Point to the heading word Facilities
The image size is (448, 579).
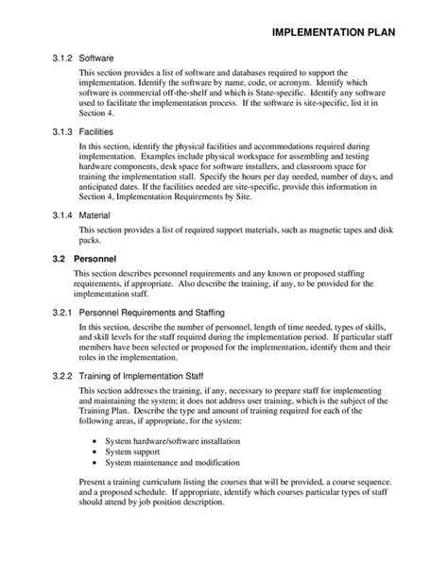pos(99,134)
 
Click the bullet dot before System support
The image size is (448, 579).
pos(96,451)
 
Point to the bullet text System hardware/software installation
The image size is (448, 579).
pos(166,439)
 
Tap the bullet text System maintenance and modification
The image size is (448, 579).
pos(172,463)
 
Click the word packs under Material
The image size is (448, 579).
pos(91,241)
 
